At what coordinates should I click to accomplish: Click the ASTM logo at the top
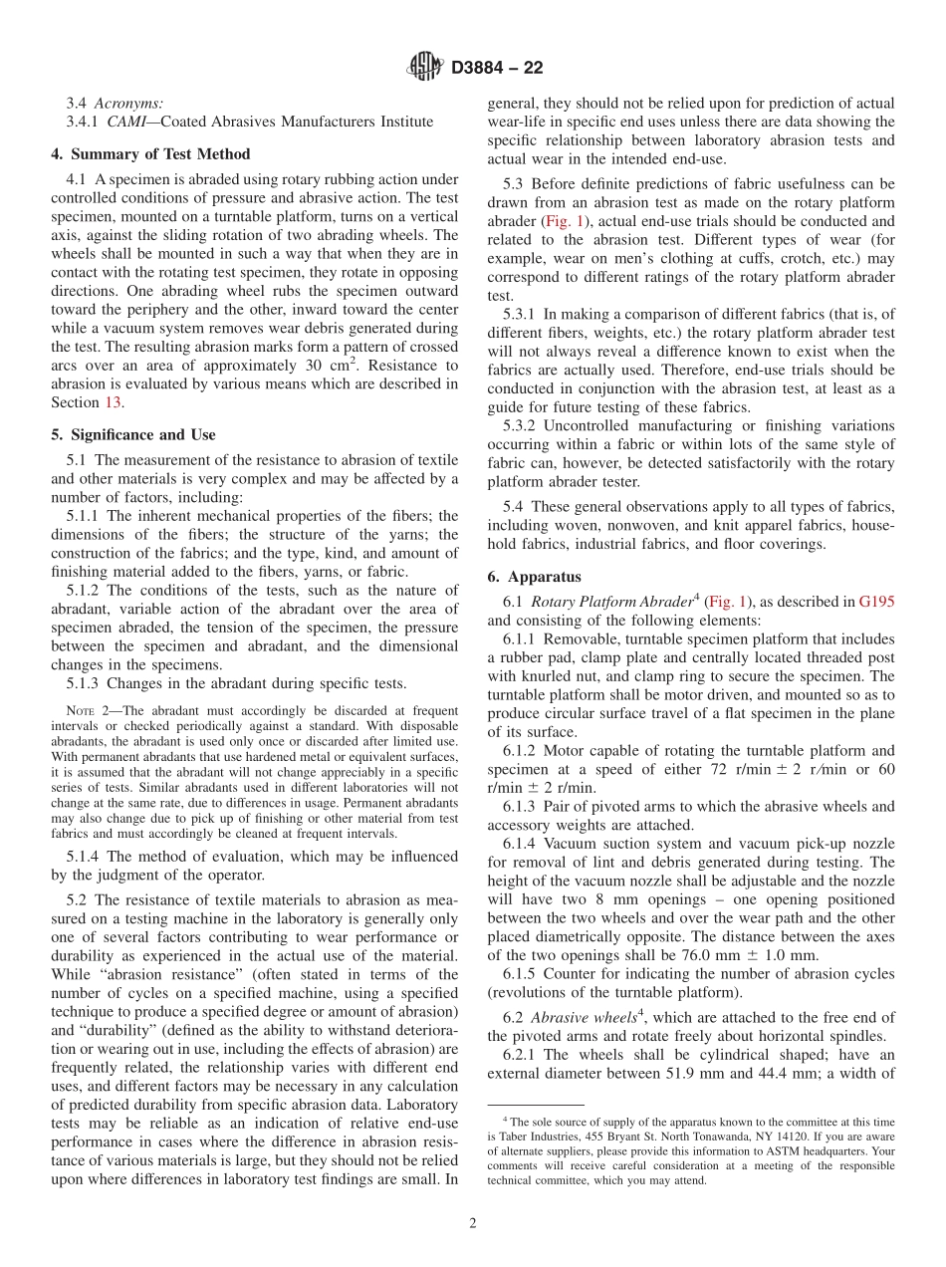pos(424,68)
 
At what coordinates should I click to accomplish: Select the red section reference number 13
pos(113,402)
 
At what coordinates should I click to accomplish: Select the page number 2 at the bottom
pos(473,1223)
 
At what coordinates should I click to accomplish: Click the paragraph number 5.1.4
pos(85,856)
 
